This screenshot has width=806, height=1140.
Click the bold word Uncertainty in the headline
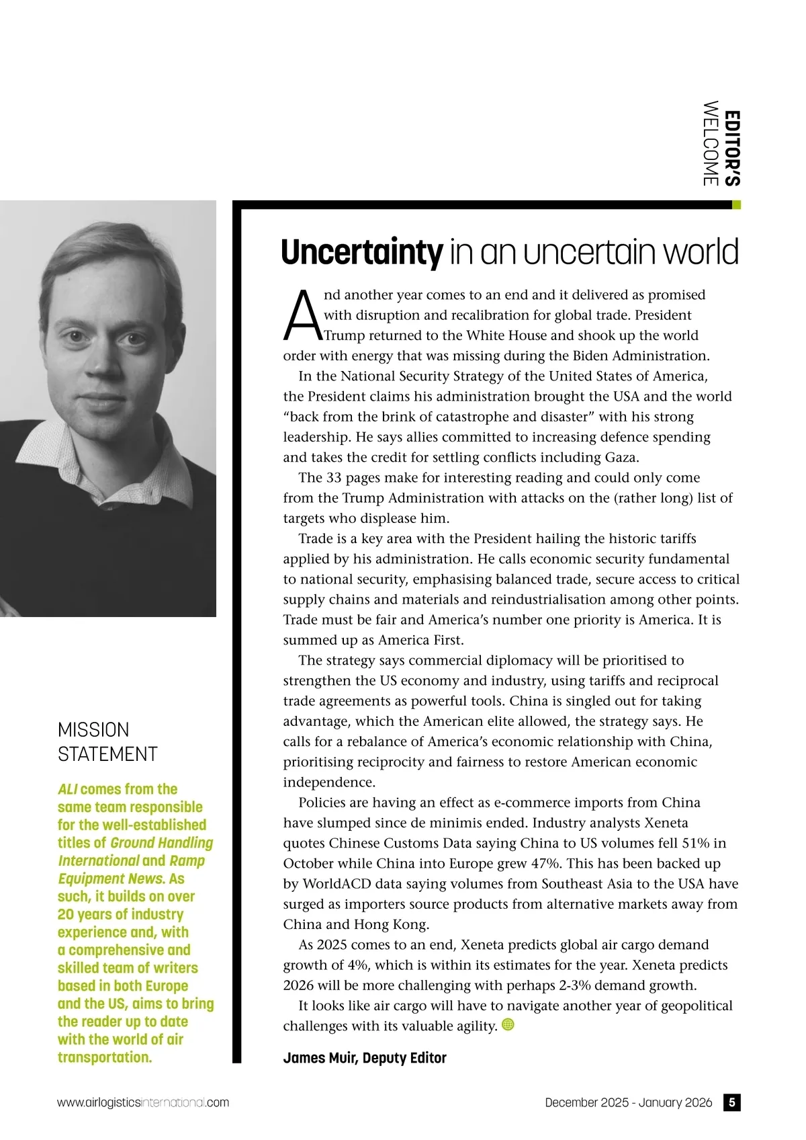pyautogui.click(x=361, y=253)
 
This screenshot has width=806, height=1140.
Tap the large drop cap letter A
pyautogui.click(x=303, y=316)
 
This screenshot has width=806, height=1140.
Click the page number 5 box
pyautogui.click(x=731, y=1102)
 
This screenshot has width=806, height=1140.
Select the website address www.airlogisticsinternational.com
pyautogui.click(x=143, y=1103)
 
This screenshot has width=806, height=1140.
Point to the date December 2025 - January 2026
pyautogui.click(x=628, y=1103)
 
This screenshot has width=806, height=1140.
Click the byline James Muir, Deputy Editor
pyautogui.click(x=365, y=1058)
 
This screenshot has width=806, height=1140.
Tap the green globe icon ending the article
pyautogui.click(x=508, y=1024)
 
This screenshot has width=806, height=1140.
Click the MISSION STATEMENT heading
pyautogui.click(x=107, y=742)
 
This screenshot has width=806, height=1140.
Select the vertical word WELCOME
pyautogui.click(x=710, y=143)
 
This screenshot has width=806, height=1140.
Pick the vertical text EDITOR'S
pyautogui.click(x=733, y=149)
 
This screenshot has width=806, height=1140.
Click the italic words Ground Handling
pyautogui.click(x=162, y=843)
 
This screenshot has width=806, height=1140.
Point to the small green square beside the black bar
pyautogui.click(x=736, y=205)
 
